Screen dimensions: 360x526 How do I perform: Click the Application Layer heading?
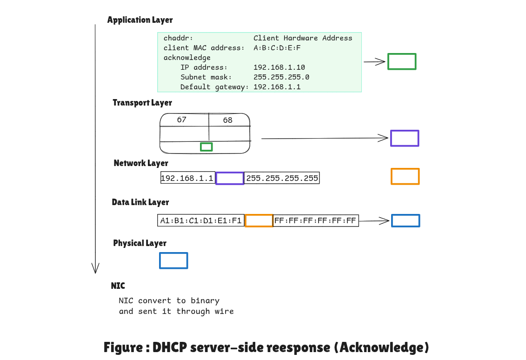pyautogui.click(x=140, y=20)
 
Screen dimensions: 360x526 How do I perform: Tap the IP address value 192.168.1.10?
pyautogui.click(x=279, y=67)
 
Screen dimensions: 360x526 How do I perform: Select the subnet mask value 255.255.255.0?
pyautogui.click(x=281, y=77)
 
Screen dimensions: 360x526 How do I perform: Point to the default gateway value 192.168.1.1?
pyautogui.click(x=277, y=87)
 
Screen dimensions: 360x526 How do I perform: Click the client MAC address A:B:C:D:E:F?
pyautogui.click(x=277, y=48)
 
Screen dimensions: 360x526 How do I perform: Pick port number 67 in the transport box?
pyautogui.click(x=181, y=120)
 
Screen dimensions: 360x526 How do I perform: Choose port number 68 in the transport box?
pyautogui.click(x=227, y=120)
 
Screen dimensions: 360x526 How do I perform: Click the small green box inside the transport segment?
pyautogui.click(x=206, y=147)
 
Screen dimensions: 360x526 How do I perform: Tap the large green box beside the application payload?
pyautogui.click(x=402, y=61)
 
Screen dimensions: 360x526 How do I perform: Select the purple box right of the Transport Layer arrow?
pyautogui.click(x=405, y=138)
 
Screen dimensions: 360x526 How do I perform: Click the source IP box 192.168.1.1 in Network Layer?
pyautogui.click(x=187, y=178)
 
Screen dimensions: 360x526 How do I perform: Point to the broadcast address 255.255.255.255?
pyautogui.click(x=282, y=178)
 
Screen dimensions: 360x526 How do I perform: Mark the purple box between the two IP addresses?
pyautogui.click(x=230, y=178)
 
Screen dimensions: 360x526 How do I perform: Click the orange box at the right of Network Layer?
pyautogui.click(x=405, y=176)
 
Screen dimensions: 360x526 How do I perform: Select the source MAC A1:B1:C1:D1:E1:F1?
pyautogui.click(x=201, y=220)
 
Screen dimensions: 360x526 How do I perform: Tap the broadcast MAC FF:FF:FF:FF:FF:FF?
pyautogui.click(x=316, y=220)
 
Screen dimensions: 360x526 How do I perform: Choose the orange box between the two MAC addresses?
pyautogui.click(x=259, y=220)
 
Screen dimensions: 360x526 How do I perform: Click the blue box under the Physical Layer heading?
pyautogui.click(x=173, y=260)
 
